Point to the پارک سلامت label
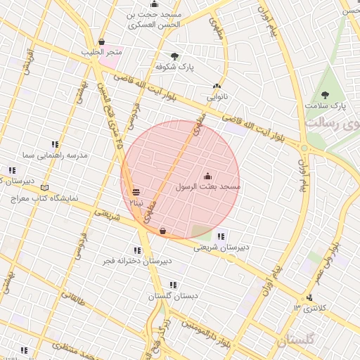(326, 105)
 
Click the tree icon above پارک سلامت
(324, 95)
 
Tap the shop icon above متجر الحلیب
(102, 42)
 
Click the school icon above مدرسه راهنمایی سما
(55, 144)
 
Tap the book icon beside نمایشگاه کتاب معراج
(45, 188)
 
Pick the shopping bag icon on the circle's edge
(162, 230)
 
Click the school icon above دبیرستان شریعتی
(221, 236)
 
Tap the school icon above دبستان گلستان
(173, 285)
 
